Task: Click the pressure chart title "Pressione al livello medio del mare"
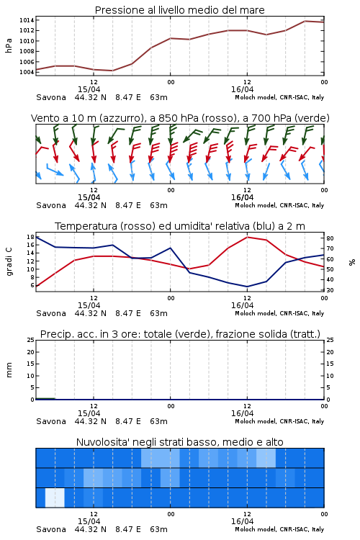pyautogui.click(x=179, y=10)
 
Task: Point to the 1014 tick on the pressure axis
pyautogui.click(x=27, y=20)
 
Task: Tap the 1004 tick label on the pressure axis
pyautogui.click(x=27, y=72)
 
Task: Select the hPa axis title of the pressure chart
pyautogui.click(x=9, y=45)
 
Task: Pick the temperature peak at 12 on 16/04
pyautogui.click(x=248, y=237)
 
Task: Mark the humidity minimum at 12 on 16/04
pyautogui.click(x=248, y=287)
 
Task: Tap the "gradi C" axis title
pyautogui.click(x=9, y=261)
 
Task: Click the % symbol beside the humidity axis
pyautogui.click(x=352, y=262)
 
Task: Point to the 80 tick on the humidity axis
pyautogui.click(x=330, y=238)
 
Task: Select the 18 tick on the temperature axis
pyautogui.click(x=30, y=237)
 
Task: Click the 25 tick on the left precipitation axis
pyautogui.click(x=31, y=340)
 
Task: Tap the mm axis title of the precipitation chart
pyautogui.click(x=9, y=369)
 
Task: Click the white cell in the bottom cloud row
pyautogui.click(x=55, y=498)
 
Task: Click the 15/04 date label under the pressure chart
pyautogui.click(x=89, y=89)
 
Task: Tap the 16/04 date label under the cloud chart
pyautogui.click(x=242, y=521)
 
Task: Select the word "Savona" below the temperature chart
pyautogui.click(x=51, y=313)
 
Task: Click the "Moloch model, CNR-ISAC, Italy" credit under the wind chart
pyautogui.click(x=279, y=205)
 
